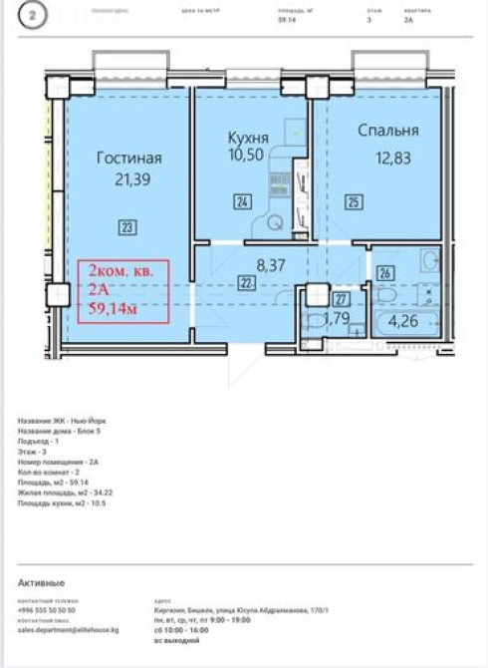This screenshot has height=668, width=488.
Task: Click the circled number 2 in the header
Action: pos(35,17)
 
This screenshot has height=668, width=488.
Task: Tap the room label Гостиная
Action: pos(128,158)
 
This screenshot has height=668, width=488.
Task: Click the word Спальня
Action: pos(387,130)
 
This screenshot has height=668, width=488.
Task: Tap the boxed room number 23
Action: pos(126,226)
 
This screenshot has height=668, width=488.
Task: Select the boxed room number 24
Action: pos(242,202)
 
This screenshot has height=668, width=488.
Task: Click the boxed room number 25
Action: pos(354,202)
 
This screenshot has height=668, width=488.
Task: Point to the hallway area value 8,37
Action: pos(271,265)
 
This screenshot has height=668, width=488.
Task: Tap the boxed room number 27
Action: pos(341,298)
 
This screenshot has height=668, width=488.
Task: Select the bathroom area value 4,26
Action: pos(402,321)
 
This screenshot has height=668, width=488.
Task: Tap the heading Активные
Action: pos(41,581)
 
